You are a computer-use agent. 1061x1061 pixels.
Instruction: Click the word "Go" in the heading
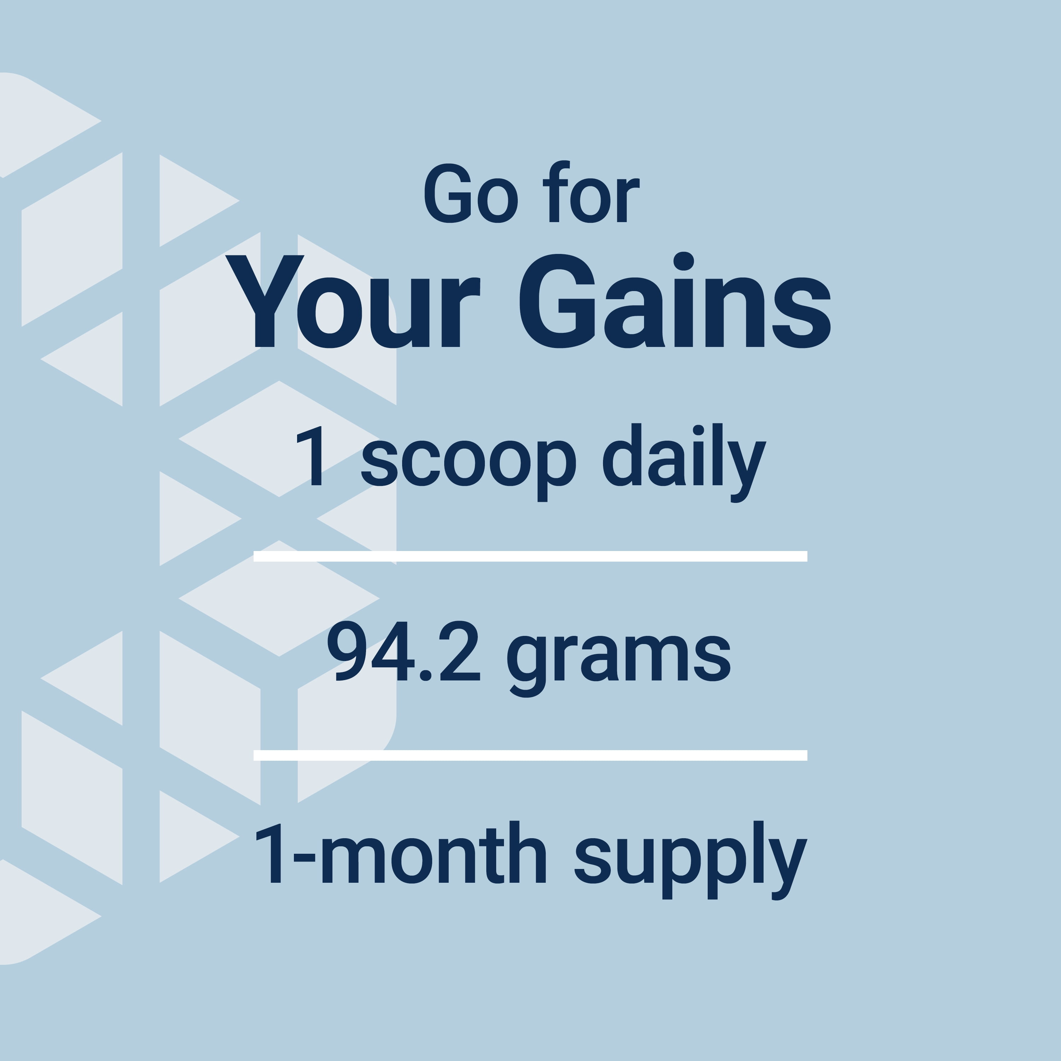[x=471, y=194]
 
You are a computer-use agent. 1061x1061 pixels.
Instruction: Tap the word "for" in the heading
[x=591, y=192]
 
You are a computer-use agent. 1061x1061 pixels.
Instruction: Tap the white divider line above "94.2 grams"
[x=530, y=556]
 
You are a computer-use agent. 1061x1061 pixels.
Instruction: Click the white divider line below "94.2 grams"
[x=530, y=755]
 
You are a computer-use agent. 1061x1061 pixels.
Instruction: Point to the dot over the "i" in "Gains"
[x=684, y=261]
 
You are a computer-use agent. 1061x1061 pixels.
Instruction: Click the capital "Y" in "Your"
[x=265, y=301]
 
